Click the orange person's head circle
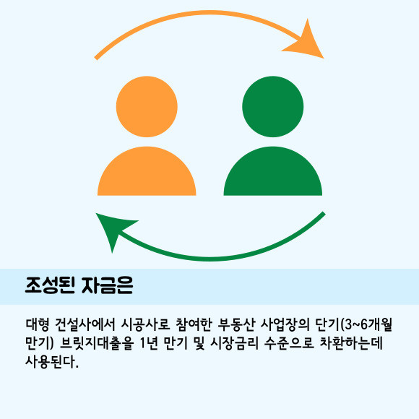(147, 107)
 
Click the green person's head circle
(273, 107)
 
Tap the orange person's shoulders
(147, 171)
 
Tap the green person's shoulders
(273, 171)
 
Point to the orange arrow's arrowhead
(306, 41)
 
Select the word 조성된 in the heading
(50, 285)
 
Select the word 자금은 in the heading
(108, 285)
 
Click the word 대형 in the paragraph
(38, 324)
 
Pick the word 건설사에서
(85, 324)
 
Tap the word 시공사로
(145, 324)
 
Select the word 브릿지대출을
(97, 343)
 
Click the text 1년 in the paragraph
(149, 343)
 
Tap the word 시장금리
(234, 343)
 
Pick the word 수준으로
(289, 343)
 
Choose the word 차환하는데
(351, 343)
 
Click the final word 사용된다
(52, 362)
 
